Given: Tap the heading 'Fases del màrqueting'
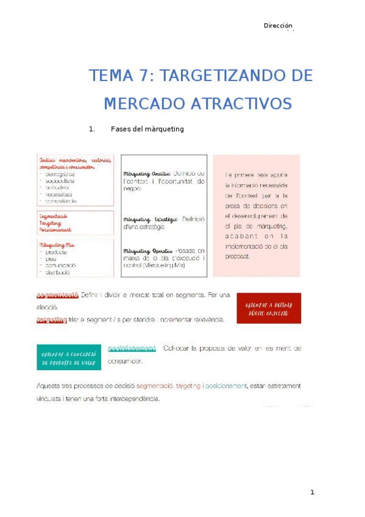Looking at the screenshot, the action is click(x=147, y=129).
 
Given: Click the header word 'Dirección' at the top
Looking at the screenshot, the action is click(x=278, y=26).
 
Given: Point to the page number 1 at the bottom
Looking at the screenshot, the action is click(x=312, y=493).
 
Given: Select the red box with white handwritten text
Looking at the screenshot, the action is click(x=269, y=307).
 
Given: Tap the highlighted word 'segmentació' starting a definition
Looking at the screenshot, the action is click(x=57, y=295).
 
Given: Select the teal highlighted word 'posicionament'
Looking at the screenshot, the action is click(x=132, y=348).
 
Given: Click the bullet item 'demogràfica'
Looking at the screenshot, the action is click(x=61, y=174).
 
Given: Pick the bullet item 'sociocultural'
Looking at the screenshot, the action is click(x=62, y=180).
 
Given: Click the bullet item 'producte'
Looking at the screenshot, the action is click(x=58, y=251).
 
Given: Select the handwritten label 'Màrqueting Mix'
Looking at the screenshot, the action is click(x=55, y=244).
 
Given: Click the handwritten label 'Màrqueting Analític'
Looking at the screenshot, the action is click(x=147, y=174).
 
